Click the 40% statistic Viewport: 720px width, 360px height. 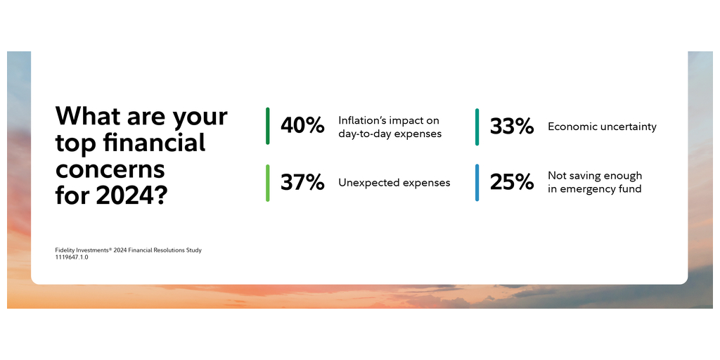[x=302, y=126]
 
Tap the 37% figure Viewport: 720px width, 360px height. [x=302, y=182]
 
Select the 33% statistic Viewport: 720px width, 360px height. [x=512, y=127]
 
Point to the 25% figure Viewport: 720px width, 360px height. [x=512, y=182]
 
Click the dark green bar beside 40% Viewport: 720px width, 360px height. [x=268, y=126]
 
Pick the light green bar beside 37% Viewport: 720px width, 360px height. [x=268, y=183]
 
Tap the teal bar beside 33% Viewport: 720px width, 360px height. [x=477, y=127]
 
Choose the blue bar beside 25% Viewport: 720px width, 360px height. [x=477, y=183]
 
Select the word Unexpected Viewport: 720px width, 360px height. [x=362, y=183]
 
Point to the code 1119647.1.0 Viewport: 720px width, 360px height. [x=72, y=257]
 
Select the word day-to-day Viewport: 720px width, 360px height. [x=361, y=134]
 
